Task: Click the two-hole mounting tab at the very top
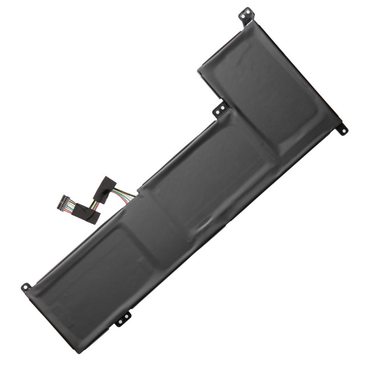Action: coord(245,14)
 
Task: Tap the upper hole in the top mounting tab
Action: coord(246,10)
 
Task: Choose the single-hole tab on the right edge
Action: coord(342,128)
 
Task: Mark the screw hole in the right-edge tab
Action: coord(344,131)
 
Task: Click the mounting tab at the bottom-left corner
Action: coord(26,287)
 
